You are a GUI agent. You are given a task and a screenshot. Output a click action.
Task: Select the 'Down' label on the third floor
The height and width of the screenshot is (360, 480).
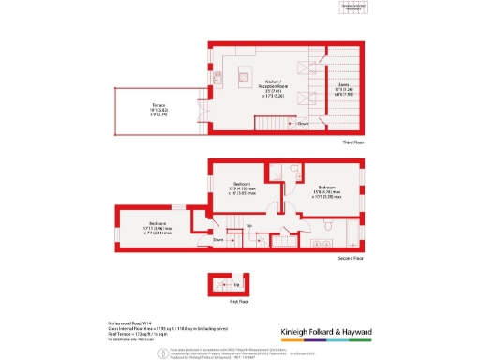(x=304, y=122)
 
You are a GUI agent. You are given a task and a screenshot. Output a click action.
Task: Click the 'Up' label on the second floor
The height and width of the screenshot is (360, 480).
(x=248, y=226)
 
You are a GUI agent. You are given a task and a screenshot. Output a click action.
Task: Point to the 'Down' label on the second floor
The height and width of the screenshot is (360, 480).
(x=217, y=240)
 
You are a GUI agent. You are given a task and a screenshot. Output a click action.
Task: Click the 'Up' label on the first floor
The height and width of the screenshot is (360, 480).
(x=235, y=284)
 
